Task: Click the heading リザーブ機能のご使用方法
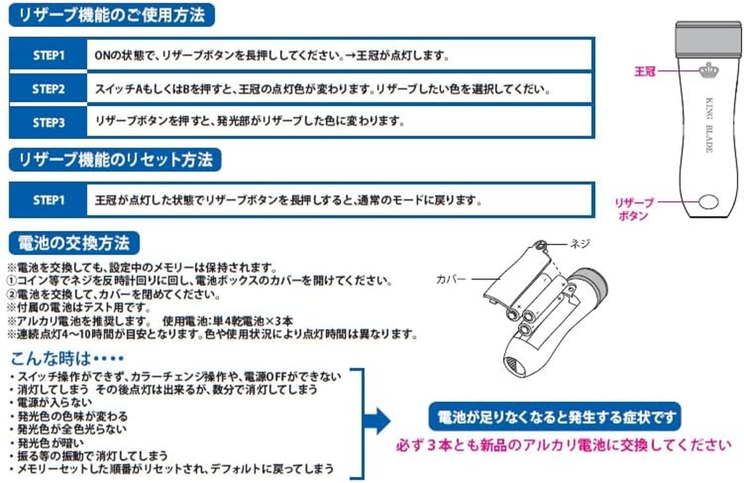click(x=112, y=15)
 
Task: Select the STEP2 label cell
click(x=48, y=89)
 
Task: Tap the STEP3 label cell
click(x=48, y=123)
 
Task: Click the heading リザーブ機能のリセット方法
click(x=115, y=160)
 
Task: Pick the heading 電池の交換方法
click(x=74, y=243)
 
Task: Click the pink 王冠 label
click(x=644, y=71)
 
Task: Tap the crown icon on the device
click(x=709, y=70)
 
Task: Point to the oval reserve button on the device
click(x=708, y=202)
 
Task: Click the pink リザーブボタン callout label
click(x=634, y=209)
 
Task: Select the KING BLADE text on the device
click(x=709, y=125)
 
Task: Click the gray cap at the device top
click(x=709, y=37)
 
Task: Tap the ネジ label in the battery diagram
click(x=580, y=244)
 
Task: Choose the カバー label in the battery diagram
click(x=451, y=279)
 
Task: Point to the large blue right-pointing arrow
click(x=378, y=421)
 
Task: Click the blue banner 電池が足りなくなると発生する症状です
click(x=555, y=417)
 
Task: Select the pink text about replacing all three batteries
click(x=564, y=445)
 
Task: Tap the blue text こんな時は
click(x=68, y=359)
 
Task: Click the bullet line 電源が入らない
click(x=51, y=402)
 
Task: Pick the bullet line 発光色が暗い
click(x=47, y=443)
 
